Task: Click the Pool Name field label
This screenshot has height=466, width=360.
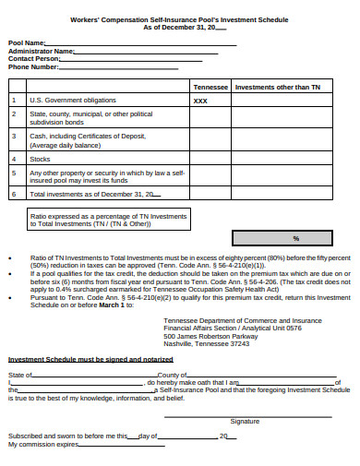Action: click(x=27, y=42)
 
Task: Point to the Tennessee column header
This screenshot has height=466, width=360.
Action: click(x=210, y=86)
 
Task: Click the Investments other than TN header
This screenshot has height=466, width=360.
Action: click(x=278, y=86)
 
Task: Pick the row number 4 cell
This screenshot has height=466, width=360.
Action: click(x=14, y=158)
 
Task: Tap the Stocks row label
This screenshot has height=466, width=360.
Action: click(x=40, y=158)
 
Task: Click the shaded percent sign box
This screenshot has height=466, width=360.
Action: click(x=295, y=237)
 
